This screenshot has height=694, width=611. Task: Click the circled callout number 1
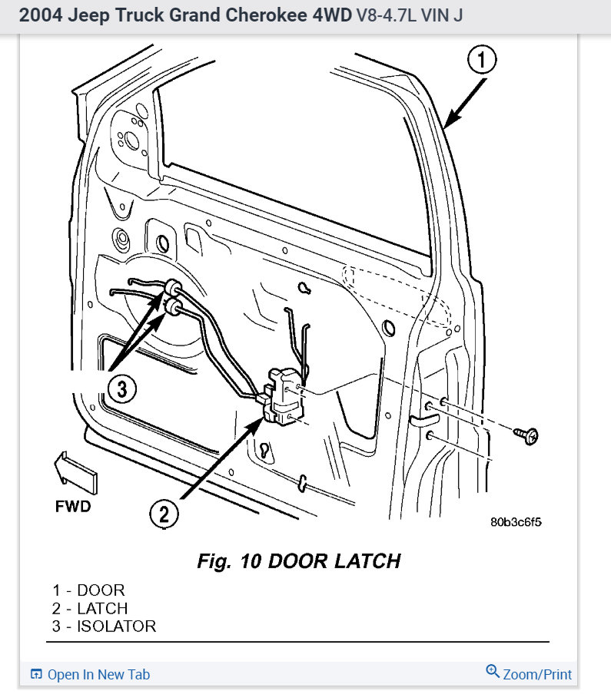pyautogui.click(x=482, y=60)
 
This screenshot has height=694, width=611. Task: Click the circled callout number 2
pyautogui.click(x=164, y=514)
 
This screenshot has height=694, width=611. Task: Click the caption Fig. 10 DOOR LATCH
pyautogui.click(x=298, y=561)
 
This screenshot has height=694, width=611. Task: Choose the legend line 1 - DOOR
pyautogui.click(x=88, y=590)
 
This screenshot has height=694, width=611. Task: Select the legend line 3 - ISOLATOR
pyautogui.click(x=104, y=626)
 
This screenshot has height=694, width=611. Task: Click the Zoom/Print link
pyautogui.click(x=536, y=674)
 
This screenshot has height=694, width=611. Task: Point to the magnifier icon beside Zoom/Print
pyautogui.click(x=493, y=672)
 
